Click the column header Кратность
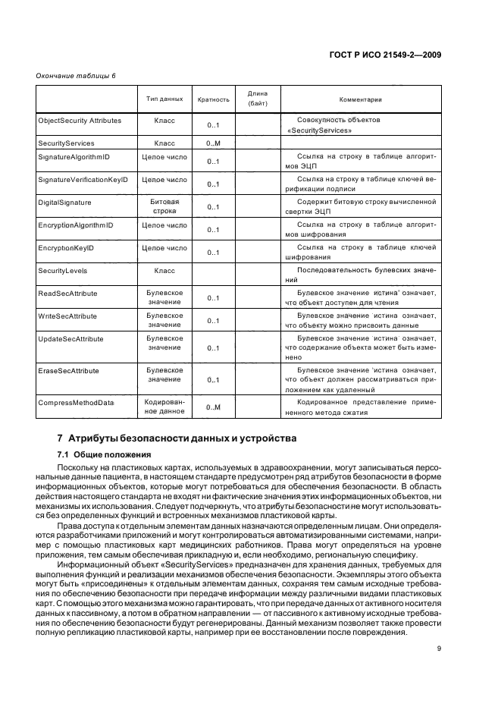coord(213,99)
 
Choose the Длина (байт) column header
coord(258,98)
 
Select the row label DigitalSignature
coord(65,203)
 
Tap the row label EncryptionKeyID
coord(66,247)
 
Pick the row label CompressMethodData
coord(76,403)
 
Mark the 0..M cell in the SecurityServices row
coord(213,143)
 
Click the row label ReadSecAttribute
coord(67,292)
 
